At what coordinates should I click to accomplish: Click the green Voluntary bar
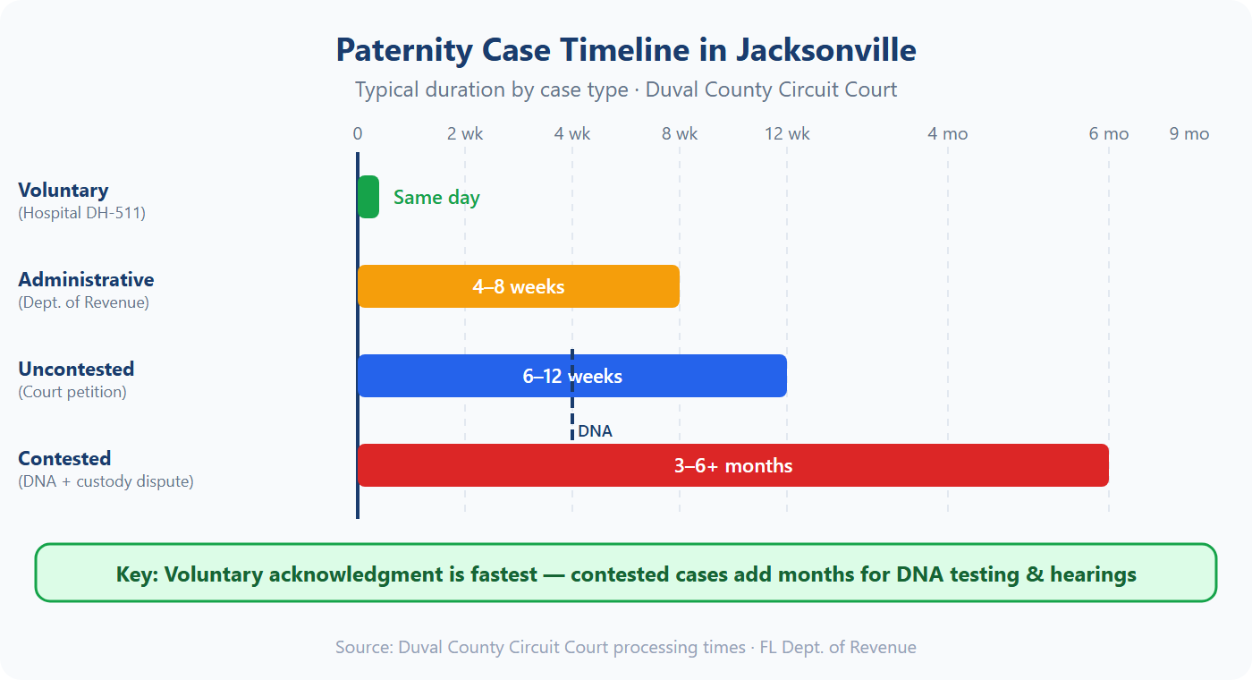click(368, 197)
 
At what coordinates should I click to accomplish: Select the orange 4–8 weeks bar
click(519, 286)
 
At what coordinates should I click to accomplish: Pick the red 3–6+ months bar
click(733, 465)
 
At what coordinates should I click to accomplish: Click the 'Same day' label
click(436, 198)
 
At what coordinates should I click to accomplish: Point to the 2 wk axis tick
click(465, 134)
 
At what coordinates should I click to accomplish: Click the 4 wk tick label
click(572, 134)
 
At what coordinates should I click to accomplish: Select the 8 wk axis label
click(680, 134)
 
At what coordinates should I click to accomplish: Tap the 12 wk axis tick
click(787, 134)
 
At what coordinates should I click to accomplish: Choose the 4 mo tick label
click(948, 134)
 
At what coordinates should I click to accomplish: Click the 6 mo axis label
click(1109, 134)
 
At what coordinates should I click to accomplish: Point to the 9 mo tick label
click(1189, 134)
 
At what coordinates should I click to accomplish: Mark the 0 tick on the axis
click(358, 134)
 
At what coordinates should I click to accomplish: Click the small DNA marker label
click(595, 431)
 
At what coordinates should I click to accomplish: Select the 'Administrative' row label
click(86, 280)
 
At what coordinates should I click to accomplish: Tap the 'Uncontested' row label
click(76, 370)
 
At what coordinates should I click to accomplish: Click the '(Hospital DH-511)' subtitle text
click(81, 214)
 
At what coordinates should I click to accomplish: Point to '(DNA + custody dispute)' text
click(106, 481)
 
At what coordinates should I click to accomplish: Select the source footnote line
click(626, 647)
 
